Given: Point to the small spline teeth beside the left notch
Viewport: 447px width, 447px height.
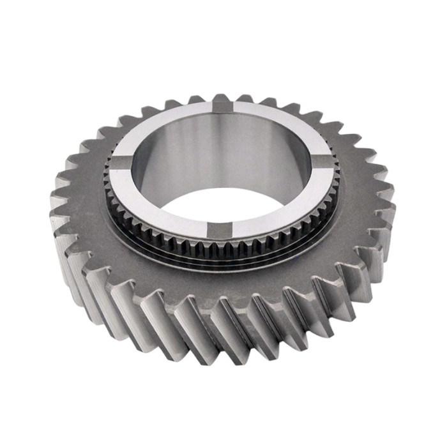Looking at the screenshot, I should tap(109, 179).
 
